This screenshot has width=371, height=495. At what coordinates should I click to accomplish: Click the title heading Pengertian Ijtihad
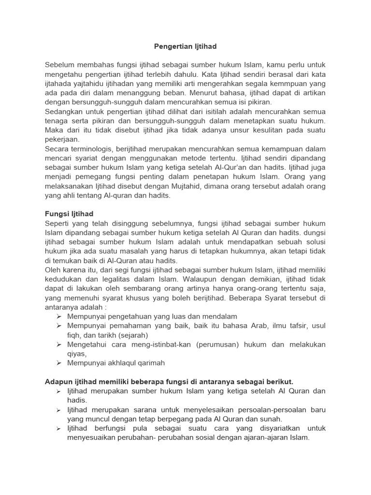[185, 46]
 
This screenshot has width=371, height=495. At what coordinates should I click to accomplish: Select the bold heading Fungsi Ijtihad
[69, 214]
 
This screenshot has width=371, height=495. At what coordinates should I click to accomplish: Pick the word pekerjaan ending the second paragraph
[62, 139]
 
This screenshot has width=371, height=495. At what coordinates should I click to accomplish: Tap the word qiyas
[77, 353]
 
